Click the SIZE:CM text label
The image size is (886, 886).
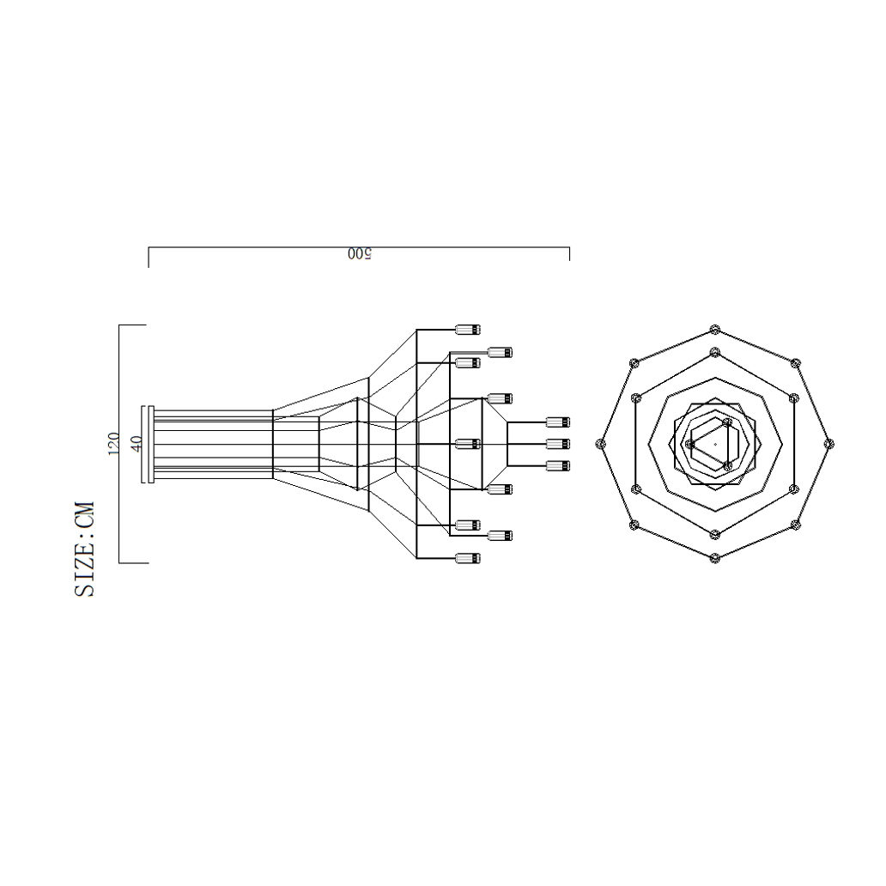pyautogui.click(x=85, y=550)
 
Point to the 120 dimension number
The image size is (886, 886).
pyautogui.click(x=112, y=444)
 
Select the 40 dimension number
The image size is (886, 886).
pyautogui.click(x=136, y=444)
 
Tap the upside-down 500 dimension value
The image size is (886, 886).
pyautogui.click(x=359, y=254)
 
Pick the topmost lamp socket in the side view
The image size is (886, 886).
pyautogui.click(x=468, y=330)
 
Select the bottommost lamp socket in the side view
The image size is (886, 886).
pyautogui.click(x=468, y=558)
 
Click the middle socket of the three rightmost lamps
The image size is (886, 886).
pyautogui.click(x=558, y=444)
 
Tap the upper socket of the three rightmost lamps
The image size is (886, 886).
pyautogui.click(x=558, y=422)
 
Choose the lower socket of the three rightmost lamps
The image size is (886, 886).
pyautogui.click(x=558, y=465)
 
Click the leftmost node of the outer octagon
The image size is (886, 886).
pyautogui.click(x=601, y=444)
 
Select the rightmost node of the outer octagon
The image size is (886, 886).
pyautogui.click(x=828, y=444)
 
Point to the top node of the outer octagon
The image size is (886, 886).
pyautogui.click(x=714, y=330)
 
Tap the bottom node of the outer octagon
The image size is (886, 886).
pyautogui.click(x=714, y=558)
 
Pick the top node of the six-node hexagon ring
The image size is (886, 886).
pyautogui.click(x=714, y=351)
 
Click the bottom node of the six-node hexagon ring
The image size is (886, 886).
pyautogui.click(x=714, y=534)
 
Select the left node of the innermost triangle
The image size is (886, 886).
pyautogui.click(x=689, y=444)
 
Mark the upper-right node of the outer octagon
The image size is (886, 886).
pyautogui.click(x=795, y=363)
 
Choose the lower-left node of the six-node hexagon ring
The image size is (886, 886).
pyautogui.click(x=635, y=489)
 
